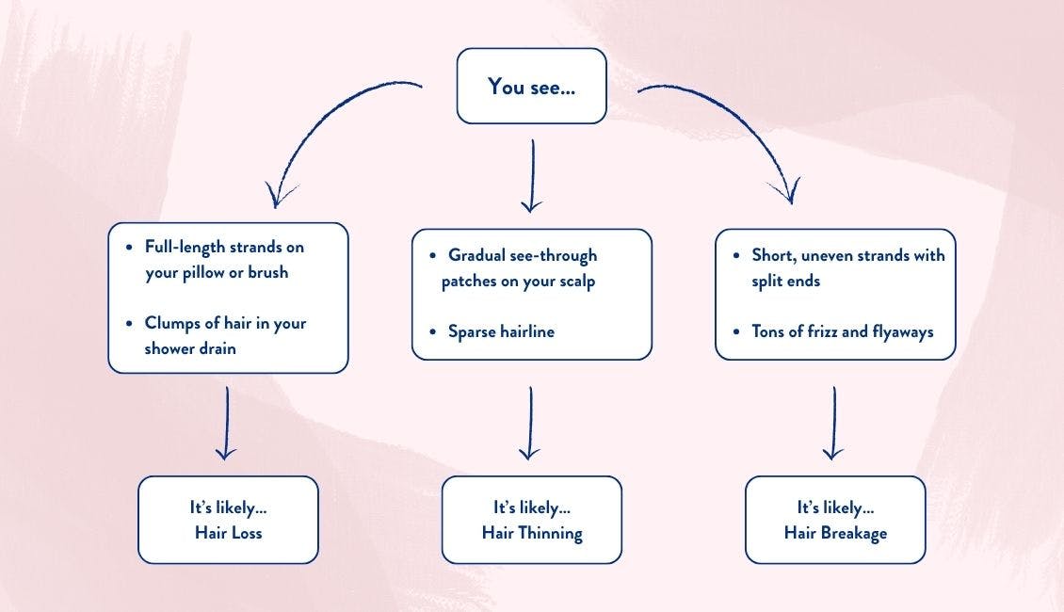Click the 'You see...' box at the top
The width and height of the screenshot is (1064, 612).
[x=531, y=86]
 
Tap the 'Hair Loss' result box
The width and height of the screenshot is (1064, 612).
[x=228, y=520]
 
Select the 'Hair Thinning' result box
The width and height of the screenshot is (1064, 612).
[x=531, y=520]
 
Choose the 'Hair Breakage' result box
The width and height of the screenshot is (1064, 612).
[x=835, y=520]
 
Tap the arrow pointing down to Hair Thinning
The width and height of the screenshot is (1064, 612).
[x=530, y=424]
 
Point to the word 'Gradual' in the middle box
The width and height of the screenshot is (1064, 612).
[x=476, y=255]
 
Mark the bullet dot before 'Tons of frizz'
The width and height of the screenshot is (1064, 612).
[x=736, y=330]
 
